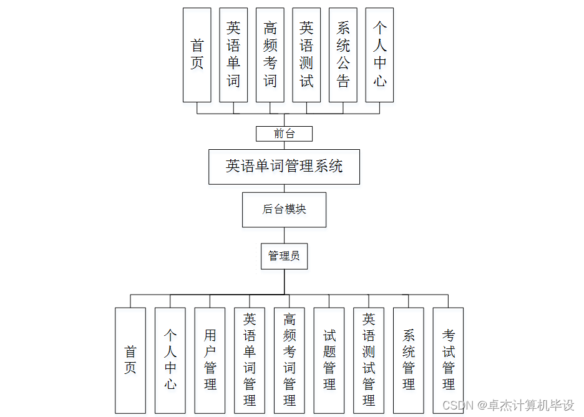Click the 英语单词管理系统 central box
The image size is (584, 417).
[284, 167]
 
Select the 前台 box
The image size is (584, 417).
[284, 134]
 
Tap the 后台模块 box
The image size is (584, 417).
[284, 210]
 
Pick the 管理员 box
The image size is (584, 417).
[284, 256]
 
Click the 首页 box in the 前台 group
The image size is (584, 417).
[197, 55]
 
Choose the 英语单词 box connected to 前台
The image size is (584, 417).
[233, 55]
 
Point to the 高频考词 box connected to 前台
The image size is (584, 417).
[270, 55]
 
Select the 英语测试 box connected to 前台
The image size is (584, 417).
[306, 55]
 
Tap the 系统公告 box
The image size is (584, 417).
[343, 55]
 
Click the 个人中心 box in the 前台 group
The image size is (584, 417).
[379, 55]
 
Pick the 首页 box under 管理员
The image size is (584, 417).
[130, 360]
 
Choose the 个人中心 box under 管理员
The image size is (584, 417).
[170, 360]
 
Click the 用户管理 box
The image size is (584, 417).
[210, 360]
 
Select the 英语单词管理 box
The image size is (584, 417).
[250, 360]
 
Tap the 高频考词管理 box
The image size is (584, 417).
[290, 360]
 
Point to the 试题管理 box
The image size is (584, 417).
[329, 360]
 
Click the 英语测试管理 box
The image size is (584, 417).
[369, 360]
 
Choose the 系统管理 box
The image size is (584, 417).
[409, 360]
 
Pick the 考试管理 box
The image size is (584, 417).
[448, 360]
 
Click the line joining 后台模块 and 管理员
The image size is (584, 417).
[285, 235]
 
